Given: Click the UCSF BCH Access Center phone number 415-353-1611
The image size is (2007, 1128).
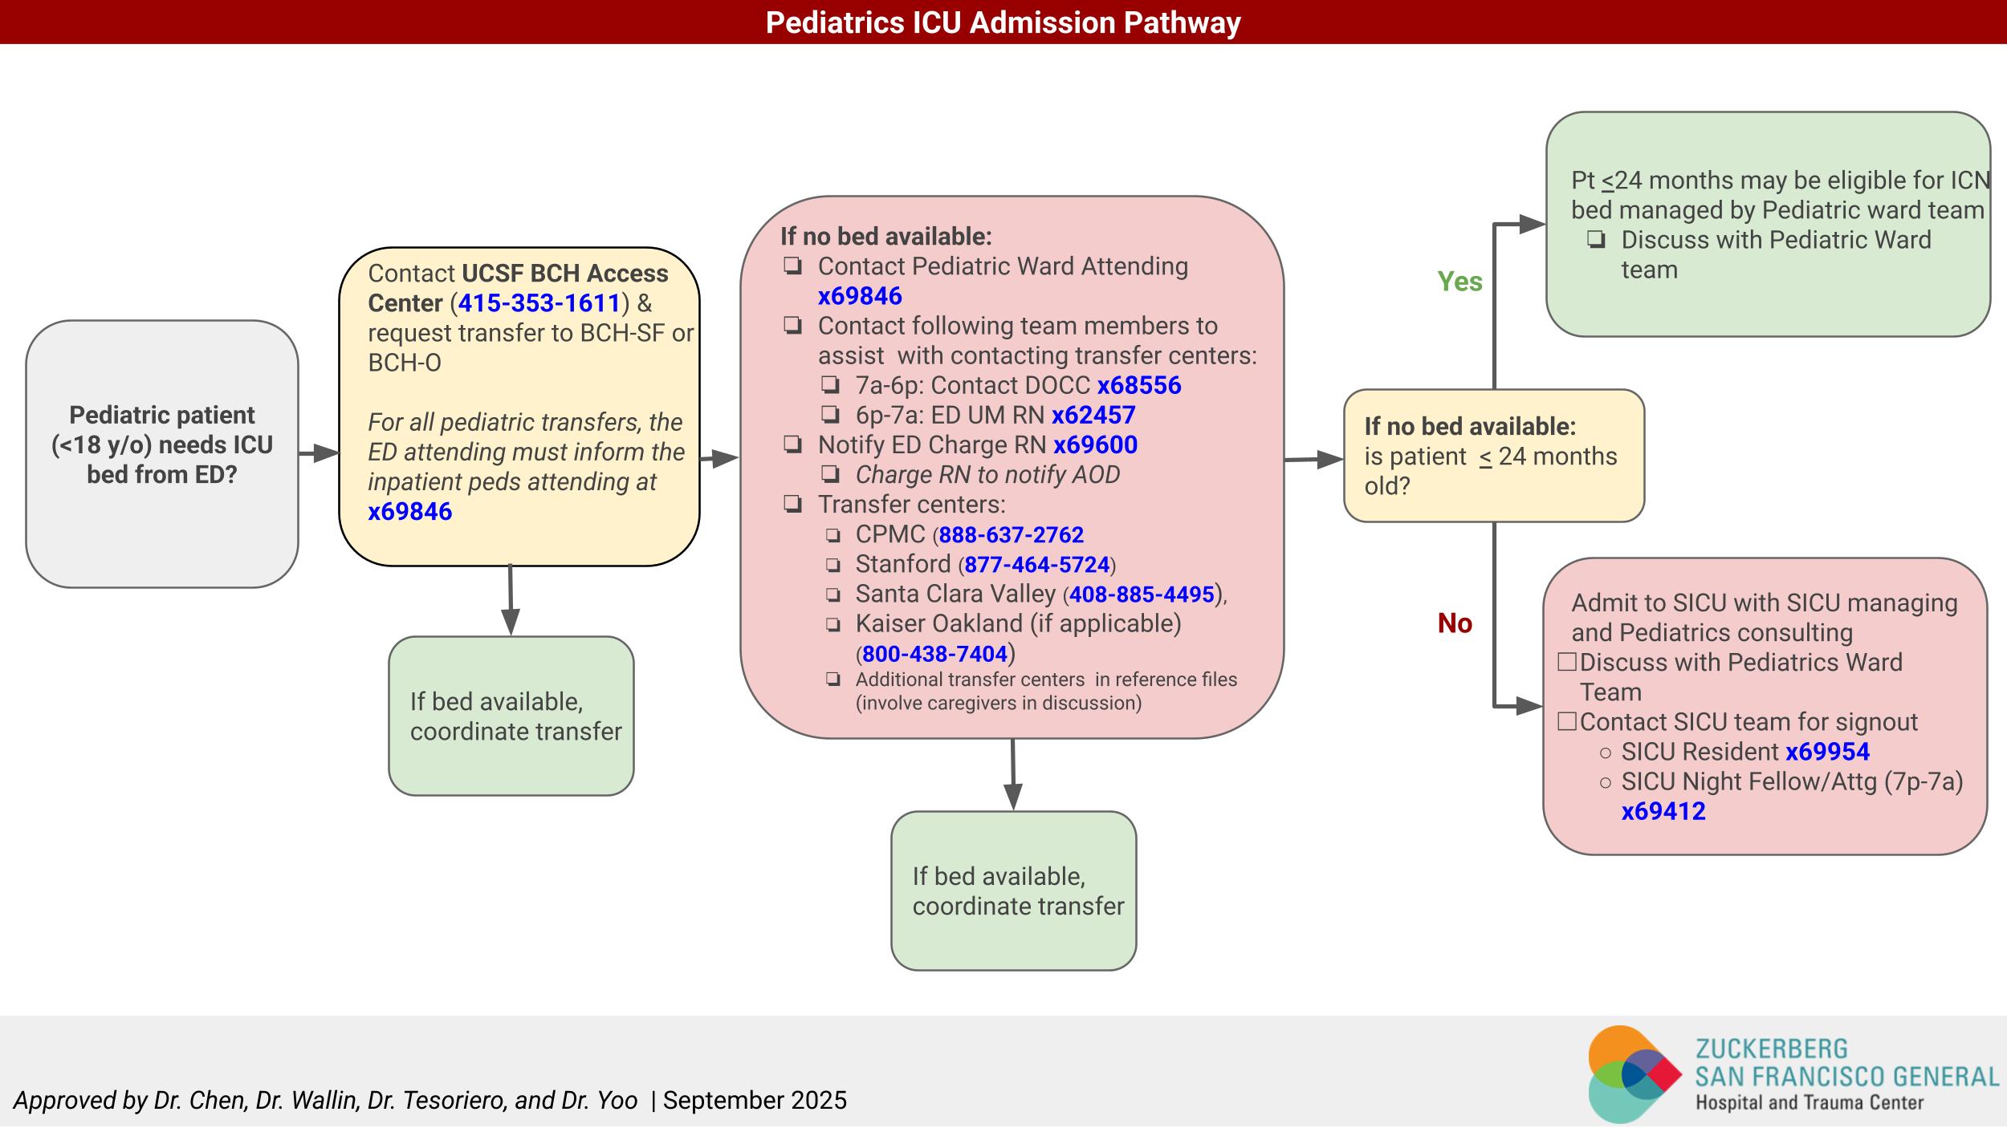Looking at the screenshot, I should click(539, 303).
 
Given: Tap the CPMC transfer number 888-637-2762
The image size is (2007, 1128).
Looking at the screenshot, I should click(1011, 535).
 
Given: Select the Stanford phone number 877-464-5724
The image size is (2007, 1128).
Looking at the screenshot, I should click(1036, 565).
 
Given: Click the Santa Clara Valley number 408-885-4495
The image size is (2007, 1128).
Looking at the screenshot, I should click(1141, 594).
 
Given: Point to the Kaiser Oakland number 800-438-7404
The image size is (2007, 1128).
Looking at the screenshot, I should click(934, 655).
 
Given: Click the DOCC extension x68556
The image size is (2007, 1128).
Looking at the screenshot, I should click(1139, 386).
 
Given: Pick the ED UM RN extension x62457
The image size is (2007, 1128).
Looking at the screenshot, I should click(1093, 416).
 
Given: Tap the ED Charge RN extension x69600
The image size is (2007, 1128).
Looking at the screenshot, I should click(1095, 445).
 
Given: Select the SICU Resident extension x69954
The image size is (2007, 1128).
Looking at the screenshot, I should click(1827, 752).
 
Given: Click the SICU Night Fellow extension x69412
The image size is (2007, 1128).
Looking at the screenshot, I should click(1663, 811).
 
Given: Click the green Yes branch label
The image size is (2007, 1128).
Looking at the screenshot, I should click(1459, 282).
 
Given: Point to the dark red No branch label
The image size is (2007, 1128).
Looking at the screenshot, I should click(1455, 623).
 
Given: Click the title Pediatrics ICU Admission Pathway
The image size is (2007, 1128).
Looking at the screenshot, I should click(1003, 22).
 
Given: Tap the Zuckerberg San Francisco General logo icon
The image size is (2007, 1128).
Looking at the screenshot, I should click(1634, 1073).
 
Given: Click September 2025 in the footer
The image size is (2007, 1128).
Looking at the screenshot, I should click(755, 1100).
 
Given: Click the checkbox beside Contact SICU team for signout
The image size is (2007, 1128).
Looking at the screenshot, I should click(1566, 722).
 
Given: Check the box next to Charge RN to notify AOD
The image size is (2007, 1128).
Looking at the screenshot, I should click(830, 475).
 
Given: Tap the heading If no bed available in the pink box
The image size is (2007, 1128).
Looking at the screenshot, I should click(885, 237).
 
